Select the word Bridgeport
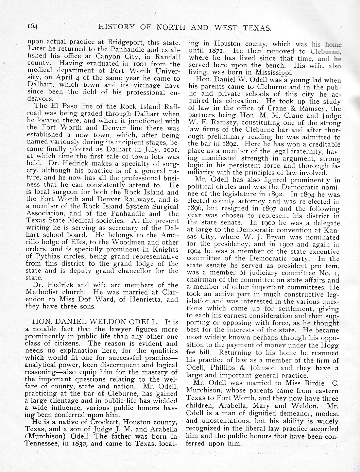click(x=126, y=43)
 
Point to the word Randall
click(x=168, y=56)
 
